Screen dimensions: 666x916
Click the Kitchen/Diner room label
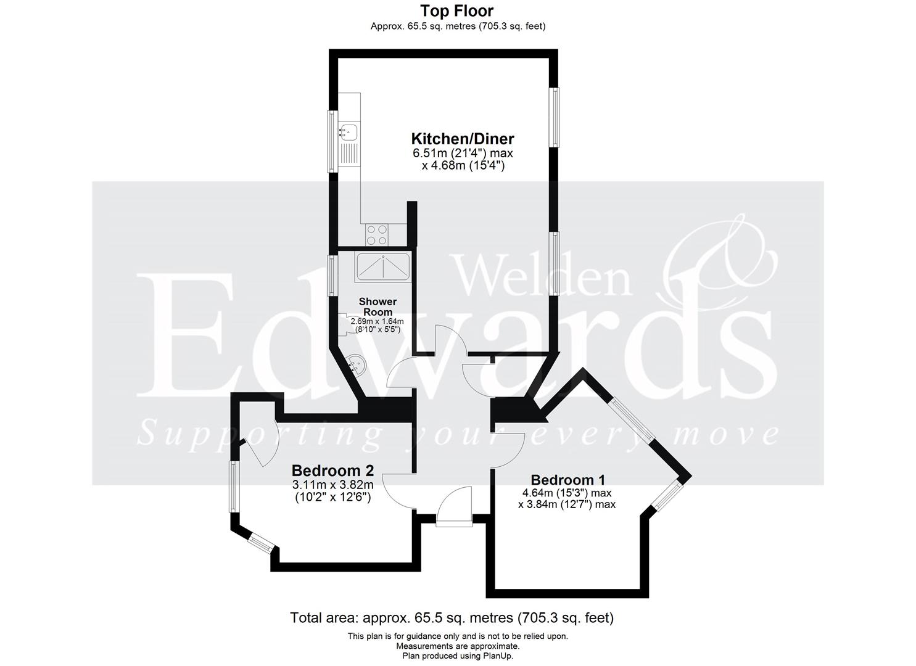point(463,138)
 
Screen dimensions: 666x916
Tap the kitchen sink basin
point(349,131)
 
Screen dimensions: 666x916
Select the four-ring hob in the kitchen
point(377,234)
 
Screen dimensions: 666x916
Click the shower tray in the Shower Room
point(382,267)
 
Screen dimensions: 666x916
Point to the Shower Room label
point(378,306)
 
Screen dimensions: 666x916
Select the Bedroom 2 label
point(332,471)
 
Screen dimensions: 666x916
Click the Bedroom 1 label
point(567,480)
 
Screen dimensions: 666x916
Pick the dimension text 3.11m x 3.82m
point(332,485)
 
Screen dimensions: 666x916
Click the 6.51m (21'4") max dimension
point(463,153)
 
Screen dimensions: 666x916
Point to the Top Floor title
point(457,10)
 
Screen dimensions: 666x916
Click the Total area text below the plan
point(452,617)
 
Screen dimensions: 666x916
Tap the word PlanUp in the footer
point(498,656)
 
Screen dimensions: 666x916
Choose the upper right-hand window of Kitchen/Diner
point(556,117)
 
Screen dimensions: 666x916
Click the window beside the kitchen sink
point(332,141)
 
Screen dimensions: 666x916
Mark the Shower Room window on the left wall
point(332,275)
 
